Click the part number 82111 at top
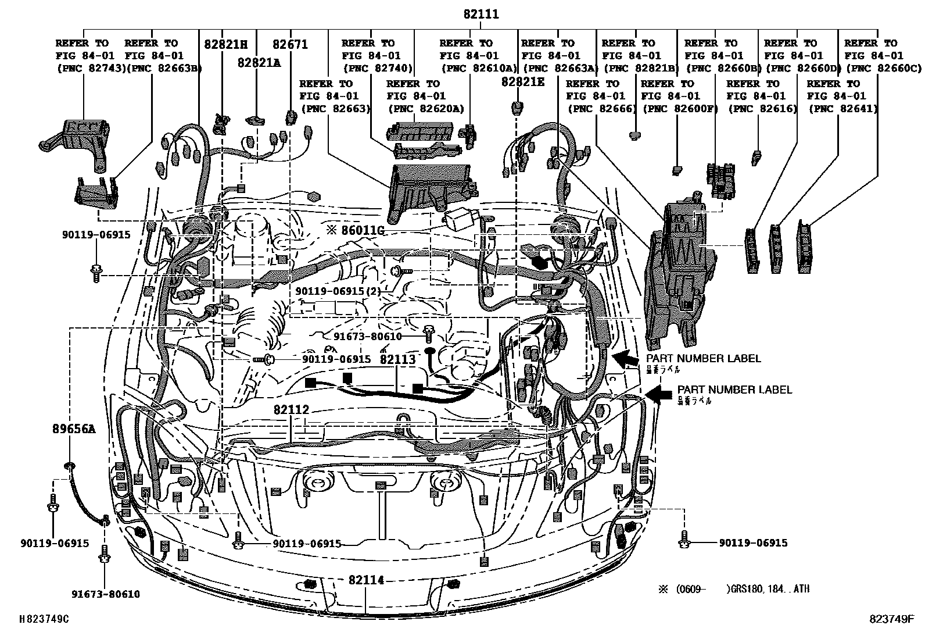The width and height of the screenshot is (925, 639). pyautogui.click(x=481, y=15)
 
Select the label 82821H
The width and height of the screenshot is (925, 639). pyautogui.click(x=225, y=44)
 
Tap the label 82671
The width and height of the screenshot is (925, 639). pyautogui.click(x=290, y=44)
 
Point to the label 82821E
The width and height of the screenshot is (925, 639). pyautogui.click(x=523, y=83)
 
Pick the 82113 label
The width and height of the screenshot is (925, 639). pyautogui.click(x=397, y=359)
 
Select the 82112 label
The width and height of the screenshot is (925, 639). pyautogui.click(x=291, y=410)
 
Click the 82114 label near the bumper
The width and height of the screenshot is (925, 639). pyautogui.click(x=367, y=580)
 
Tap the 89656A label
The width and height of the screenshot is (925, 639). pyautogui.click(x=72, y=429)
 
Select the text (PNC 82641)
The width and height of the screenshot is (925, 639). pyautogui.click(x=843, y=109)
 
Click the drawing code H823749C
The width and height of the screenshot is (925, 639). pyautogui.click(x=44, y=620)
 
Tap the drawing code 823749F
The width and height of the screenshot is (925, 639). pyautogui.click(x=892, y=620)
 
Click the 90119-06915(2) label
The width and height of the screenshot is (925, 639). pyautogui.click(x=337, y=291)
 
